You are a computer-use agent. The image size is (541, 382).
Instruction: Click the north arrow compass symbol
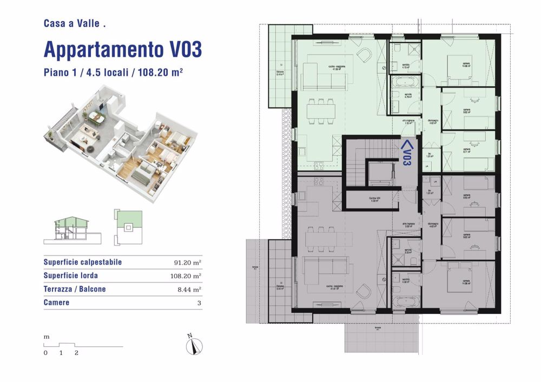point(192,345)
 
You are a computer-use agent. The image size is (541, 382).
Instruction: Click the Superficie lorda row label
point(71,276)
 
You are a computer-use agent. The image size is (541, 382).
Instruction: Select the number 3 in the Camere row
point(199,303)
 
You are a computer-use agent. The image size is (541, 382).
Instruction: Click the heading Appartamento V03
point(122,49)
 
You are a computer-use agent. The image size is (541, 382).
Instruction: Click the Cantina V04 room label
point(372,200)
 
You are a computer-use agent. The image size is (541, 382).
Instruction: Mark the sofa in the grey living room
point(325,268)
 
